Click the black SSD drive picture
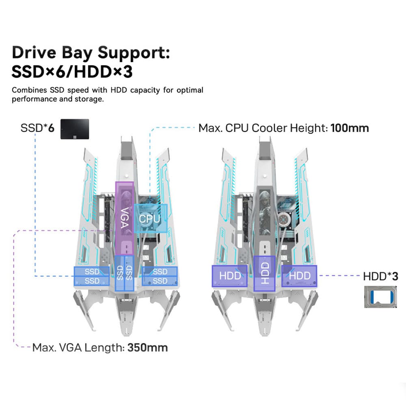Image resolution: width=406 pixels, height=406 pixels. click(x=75, y=129)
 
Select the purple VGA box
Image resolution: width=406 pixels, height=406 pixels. click(x=124, y=217)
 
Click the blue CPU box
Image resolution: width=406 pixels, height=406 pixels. click(x=150, y=218)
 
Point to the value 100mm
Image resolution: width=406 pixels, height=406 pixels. click(x=350, y=128)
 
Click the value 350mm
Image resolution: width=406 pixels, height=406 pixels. click(x=147, y=348)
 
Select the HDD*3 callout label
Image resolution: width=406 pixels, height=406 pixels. click(x=380, y=276)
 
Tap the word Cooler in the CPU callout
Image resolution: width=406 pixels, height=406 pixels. click(x=271, y=128)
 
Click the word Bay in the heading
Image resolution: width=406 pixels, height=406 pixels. click(x=80, y=54)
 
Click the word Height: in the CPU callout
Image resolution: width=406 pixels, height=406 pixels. click(x=309, y=128)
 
